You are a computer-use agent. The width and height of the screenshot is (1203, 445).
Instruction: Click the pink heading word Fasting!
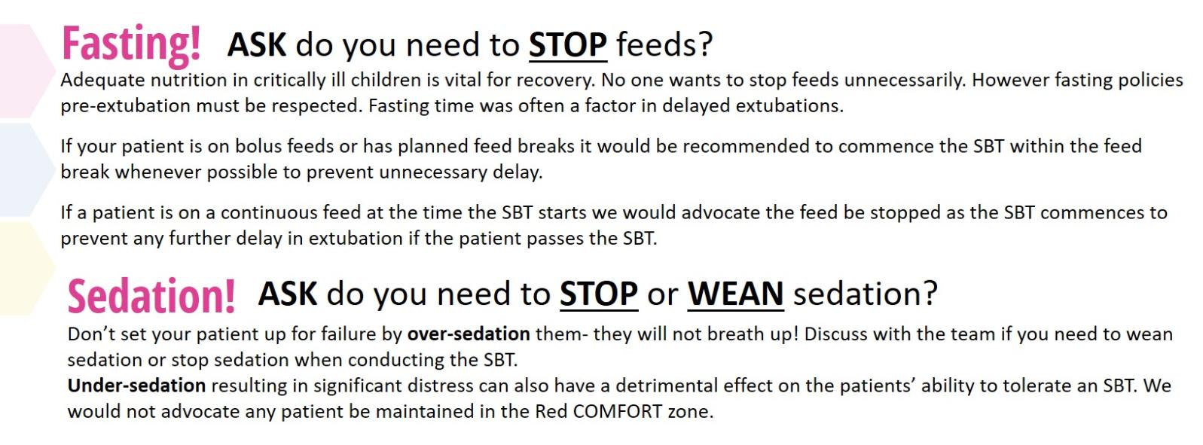(x=132, y=45)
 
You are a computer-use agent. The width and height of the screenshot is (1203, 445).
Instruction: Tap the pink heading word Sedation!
(x=151, y=296)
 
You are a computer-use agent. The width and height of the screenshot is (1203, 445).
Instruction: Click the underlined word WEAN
(x=736, y=294)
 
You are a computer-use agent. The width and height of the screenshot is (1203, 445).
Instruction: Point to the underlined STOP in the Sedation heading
(x=599, y=294)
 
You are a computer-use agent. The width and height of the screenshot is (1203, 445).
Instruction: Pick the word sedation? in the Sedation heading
(x=866, y=294)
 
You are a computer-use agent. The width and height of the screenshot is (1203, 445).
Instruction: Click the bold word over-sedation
(x=469, y=334)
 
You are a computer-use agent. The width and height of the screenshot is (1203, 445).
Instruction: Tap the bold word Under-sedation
(x=136, y=386)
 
